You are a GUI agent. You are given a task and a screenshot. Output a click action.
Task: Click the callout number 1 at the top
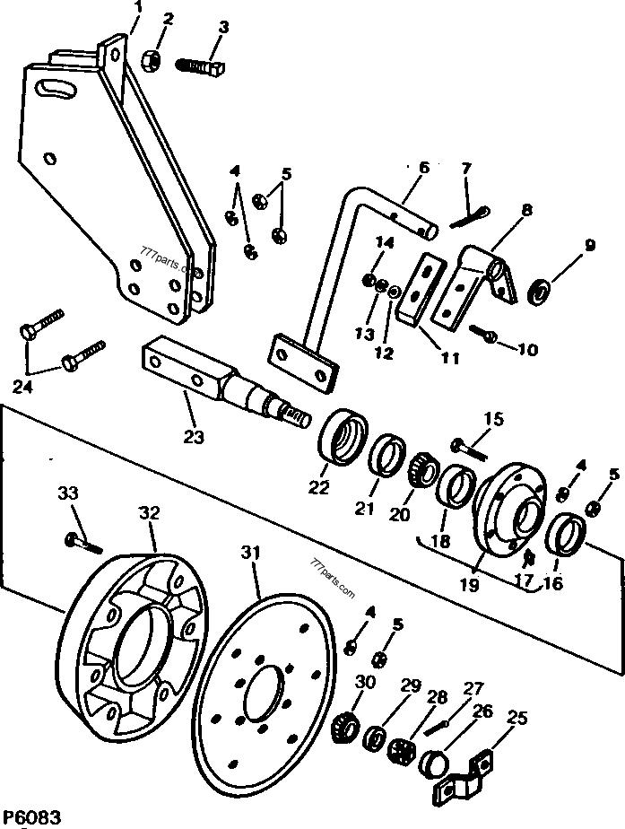click(x=138, y=9)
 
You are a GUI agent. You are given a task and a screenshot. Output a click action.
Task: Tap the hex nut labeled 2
click(x=152, y=61)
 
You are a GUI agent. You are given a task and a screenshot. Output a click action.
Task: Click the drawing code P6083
click(x=32, y=817)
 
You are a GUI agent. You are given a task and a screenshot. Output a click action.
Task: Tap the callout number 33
click(x=69, y=493)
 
